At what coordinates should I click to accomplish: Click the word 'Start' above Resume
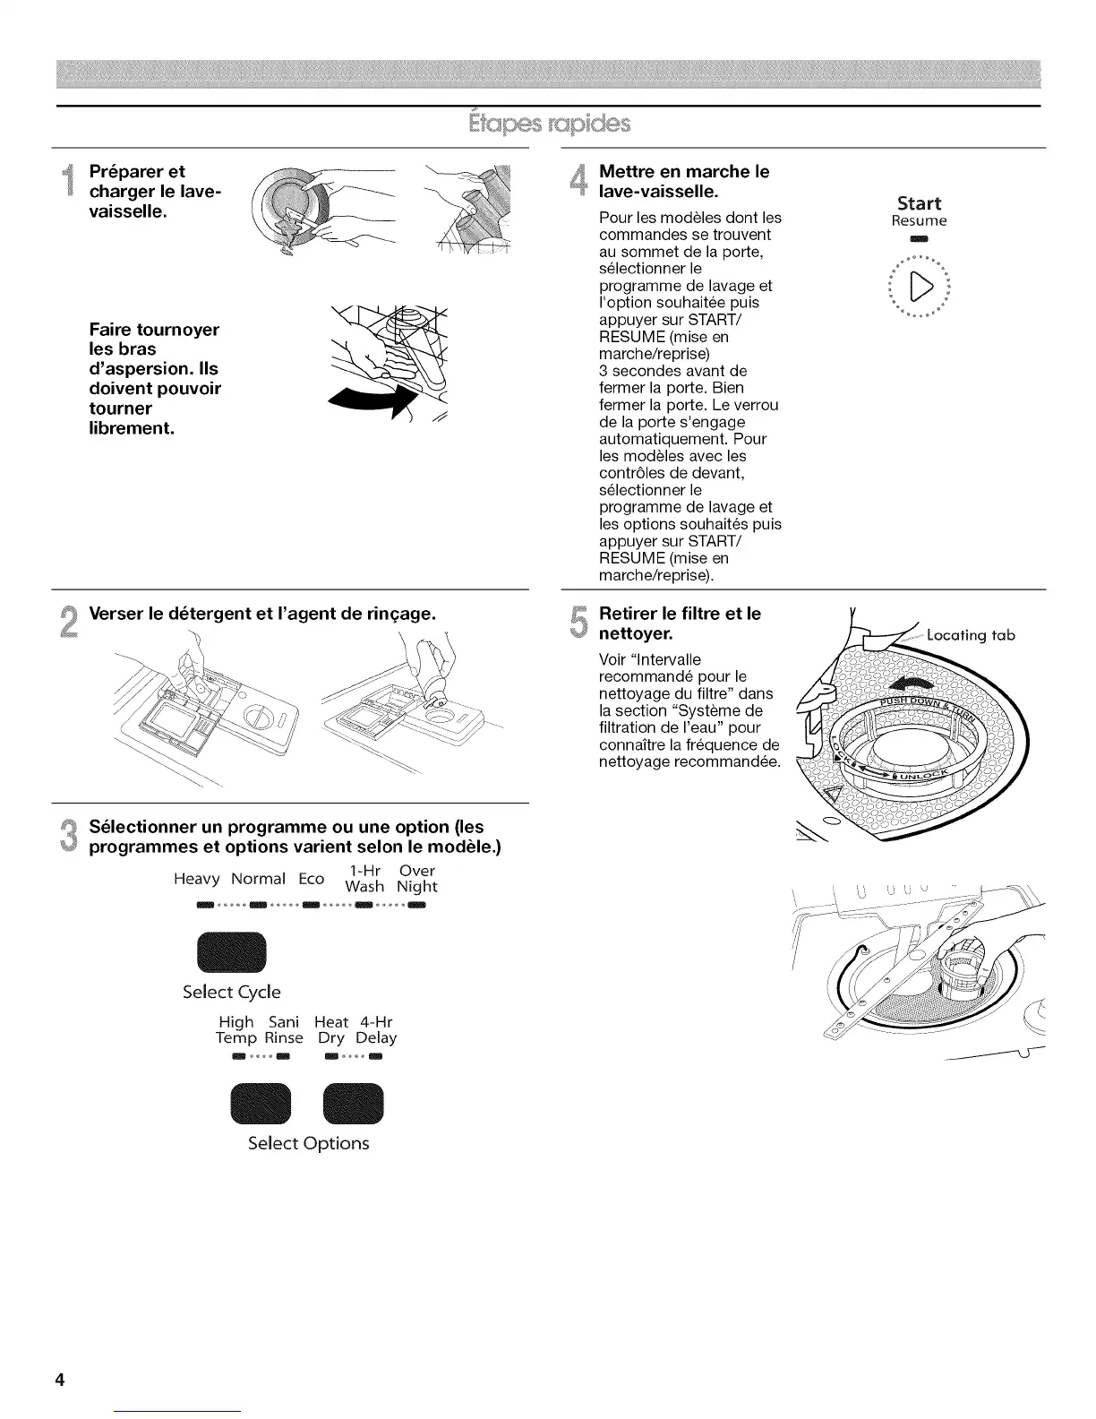[919, 203]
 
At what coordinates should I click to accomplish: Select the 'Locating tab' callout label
[971, 635]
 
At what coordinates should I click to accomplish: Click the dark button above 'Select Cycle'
[231, 952]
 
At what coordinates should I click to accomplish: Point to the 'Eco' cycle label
[311, 880]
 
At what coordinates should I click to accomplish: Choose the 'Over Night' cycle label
[417, 879]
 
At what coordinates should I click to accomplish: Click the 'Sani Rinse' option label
[283, 1029]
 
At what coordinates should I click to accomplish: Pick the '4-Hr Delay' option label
[376, 1029]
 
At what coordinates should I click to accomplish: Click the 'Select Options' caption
[308, 1143]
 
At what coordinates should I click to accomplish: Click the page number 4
[60, 1380]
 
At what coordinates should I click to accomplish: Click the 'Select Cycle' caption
[231, 992]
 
